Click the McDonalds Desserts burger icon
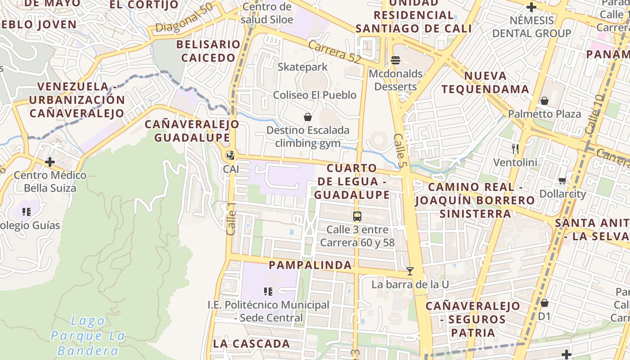[396, 60]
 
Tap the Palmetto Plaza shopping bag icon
[544, 100]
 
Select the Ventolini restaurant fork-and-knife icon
[515, 148]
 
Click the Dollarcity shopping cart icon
[562, 180]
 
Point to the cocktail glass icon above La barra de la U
[409, 271]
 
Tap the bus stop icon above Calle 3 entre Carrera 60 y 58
[357, 216]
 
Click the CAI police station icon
[231, 156]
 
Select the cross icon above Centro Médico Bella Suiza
[50, 162]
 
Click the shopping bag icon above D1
[544, 303]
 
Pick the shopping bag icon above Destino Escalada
[308, 117]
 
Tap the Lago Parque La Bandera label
[88, 336]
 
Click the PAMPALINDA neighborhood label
[310, 265]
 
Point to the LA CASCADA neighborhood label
[252, 344]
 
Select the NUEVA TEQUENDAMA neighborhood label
[485, 82]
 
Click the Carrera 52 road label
[335, 51]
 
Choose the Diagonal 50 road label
[184, 18]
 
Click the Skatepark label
[302, 67]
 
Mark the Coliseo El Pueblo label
[315, 95]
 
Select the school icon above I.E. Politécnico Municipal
[268, 291]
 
